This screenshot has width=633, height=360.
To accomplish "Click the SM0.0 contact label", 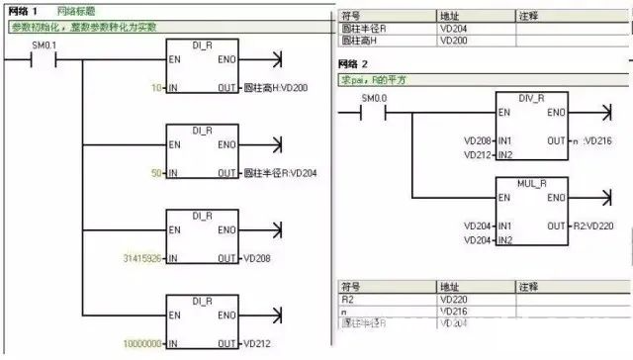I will click(x=372, y=99).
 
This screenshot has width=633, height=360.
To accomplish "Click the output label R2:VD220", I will click(x=592, y=225).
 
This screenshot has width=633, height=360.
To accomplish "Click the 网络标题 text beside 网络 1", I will click(x=75, y=10).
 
